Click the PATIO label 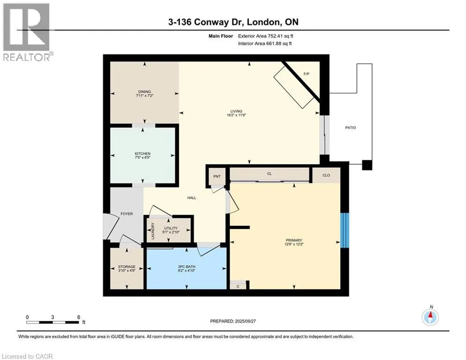tap(350, 127)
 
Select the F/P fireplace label tap(306, 74)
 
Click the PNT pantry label tap(217, 176)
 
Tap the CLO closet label tap(326, 175)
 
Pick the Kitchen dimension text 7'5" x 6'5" tap(143, 157)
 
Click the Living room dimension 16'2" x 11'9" tap(236, 115)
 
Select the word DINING tap(144, 91)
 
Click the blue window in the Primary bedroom tap(344, 230)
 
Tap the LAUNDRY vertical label tap(153, 231)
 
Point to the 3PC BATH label tap(187, 267)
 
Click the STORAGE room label tap(126, 267)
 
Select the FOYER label tap(126, 214)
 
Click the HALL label tap(192, 198)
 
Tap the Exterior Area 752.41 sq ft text tap(266, 36)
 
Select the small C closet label tap(238, 286)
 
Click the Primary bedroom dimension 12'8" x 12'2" tap(294, 244)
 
